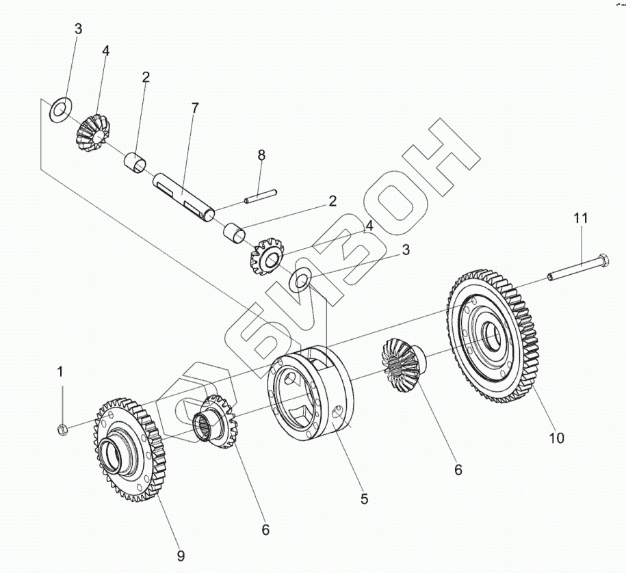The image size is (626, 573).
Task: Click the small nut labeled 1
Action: [x=61, y=429]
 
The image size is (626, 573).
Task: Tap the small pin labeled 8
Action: [x=260, y=198]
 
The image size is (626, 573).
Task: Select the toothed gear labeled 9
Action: [x=128, y=451]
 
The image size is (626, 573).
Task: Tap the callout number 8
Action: [x=261, y=155]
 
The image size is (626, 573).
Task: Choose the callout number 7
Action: [x=195, y=108]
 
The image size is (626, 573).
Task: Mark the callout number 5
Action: [x=365, y=498]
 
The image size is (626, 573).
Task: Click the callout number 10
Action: [x=556, y=438]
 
